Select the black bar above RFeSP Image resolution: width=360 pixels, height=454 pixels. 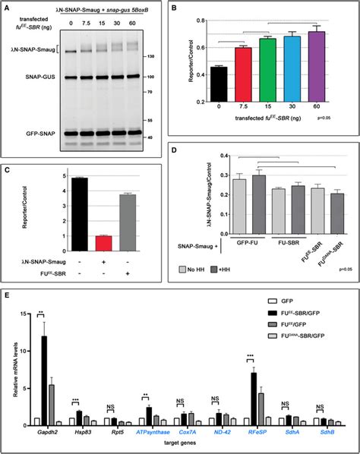pos(257,396)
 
